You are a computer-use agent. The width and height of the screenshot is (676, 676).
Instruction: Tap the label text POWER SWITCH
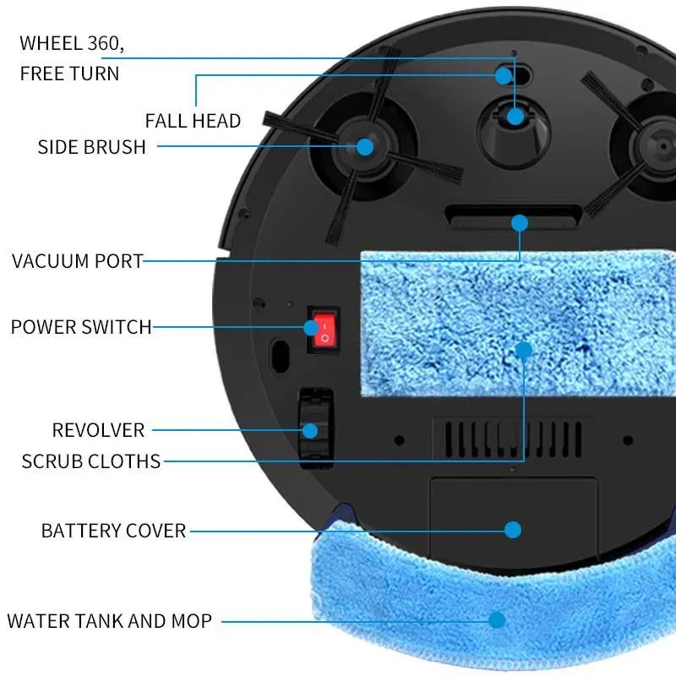(x=81, y=326)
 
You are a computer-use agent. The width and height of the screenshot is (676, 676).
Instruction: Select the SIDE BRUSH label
(x=92, y=147)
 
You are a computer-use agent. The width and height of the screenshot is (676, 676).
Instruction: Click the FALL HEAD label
(x=193, y=121)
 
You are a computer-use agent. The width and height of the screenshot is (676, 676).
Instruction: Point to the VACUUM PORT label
(x=78, y=260)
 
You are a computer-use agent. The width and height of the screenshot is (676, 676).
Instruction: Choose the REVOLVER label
(x=98, y=430)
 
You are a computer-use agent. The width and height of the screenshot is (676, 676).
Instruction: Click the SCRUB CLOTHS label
(x=90, y=461)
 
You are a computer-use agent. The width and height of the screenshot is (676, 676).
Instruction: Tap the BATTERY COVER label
(x=113, y=531)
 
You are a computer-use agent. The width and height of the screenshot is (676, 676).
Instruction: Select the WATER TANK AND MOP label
(x=109, y=621)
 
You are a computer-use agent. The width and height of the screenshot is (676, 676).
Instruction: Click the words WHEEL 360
(x=77, y=42)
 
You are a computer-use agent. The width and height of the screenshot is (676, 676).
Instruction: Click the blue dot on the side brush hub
(x=364, y=146)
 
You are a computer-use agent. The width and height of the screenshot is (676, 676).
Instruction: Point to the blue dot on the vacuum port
(x=519, y=223)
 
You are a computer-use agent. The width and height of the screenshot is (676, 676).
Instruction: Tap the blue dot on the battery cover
(x=513, y=530)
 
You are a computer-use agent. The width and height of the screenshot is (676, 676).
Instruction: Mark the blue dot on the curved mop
(x=497, y=620)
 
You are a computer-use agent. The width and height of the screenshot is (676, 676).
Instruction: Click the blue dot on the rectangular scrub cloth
(x=524, y=349)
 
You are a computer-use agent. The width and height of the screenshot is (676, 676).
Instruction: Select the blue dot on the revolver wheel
(x=310, y=430)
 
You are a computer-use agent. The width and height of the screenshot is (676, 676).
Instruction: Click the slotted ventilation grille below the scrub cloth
(x=512, y=438)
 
